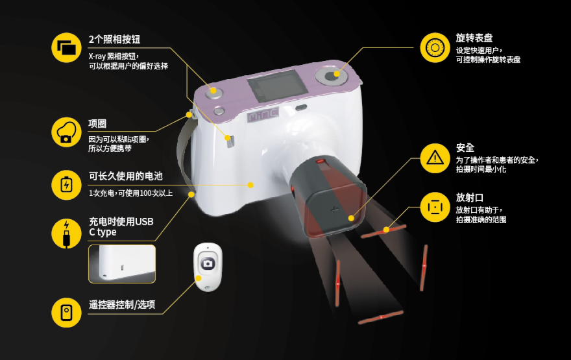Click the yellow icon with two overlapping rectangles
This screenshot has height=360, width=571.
[x=66, y=48]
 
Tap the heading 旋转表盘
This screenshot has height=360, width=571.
[x=474, y=38]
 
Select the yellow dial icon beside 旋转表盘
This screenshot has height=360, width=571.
[x=435, y=48]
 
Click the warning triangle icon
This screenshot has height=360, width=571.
[x=435, y=158]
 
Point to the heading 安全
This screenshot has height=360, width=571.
[x=465, y=148]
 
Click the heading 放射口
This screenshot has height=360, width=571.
[x=469, y=198]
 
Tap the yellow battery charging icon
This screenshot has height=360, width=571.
[x=66, y=185]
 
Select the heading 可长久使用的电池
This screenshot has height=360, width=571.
[x=126, y=176]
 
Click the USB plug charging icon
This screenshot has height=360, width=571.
[x=66, y=234]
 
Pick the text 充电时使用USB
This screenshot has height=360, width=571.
[x=121, y=221]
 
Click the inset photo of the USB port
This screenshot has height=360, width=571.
[x=122, y=264]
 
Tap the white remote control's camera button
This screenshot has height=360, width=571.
[x=208, y=263]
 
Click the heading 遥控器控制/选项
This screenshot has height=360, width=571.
[x=122, y=304]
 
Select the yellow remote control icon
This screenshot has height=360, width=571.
[x=66, y=312]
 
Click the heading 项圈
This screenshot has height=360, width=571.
[x=97, y=124]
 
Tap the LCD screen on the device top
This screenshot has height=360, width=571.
[x=274, y=86]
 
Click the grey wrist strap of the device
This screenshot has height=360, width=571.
[x=185, y=153]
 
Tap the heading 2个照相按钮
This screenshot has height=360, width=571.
[x=114, y=40]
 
